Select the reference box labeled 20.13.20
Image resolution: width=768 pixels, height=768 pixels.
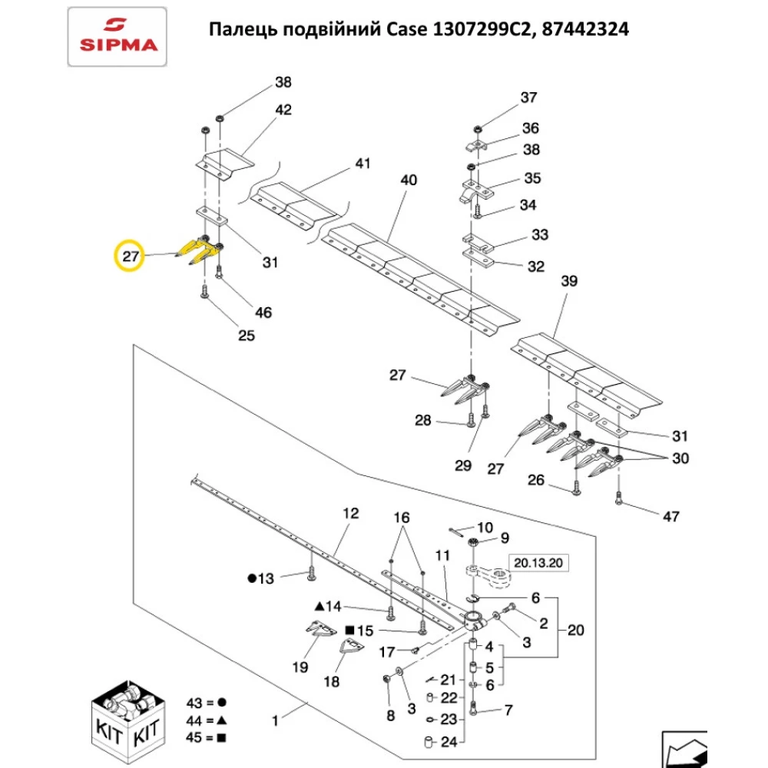click(x=538, y=564)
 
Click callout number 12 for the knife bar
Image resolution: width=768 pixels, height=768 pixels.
click(x=350, y=514)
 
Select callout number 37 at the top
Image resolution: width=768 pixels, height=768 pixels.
click(x=529, y=98)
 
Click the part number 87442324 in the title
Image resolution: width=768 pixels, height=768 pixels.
click(x=587, y=30)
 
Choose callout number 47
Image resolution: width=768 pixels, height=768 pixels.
click(x=670, y=516)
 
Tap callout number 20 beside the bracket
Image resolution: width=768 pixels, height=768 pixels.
click(x=575, y=631)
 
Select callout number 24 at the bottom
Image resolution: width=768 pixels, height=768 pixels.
click(x=449, y=743)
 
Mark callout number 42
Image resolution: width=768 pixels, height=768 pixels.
click(x=283, y=110)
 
